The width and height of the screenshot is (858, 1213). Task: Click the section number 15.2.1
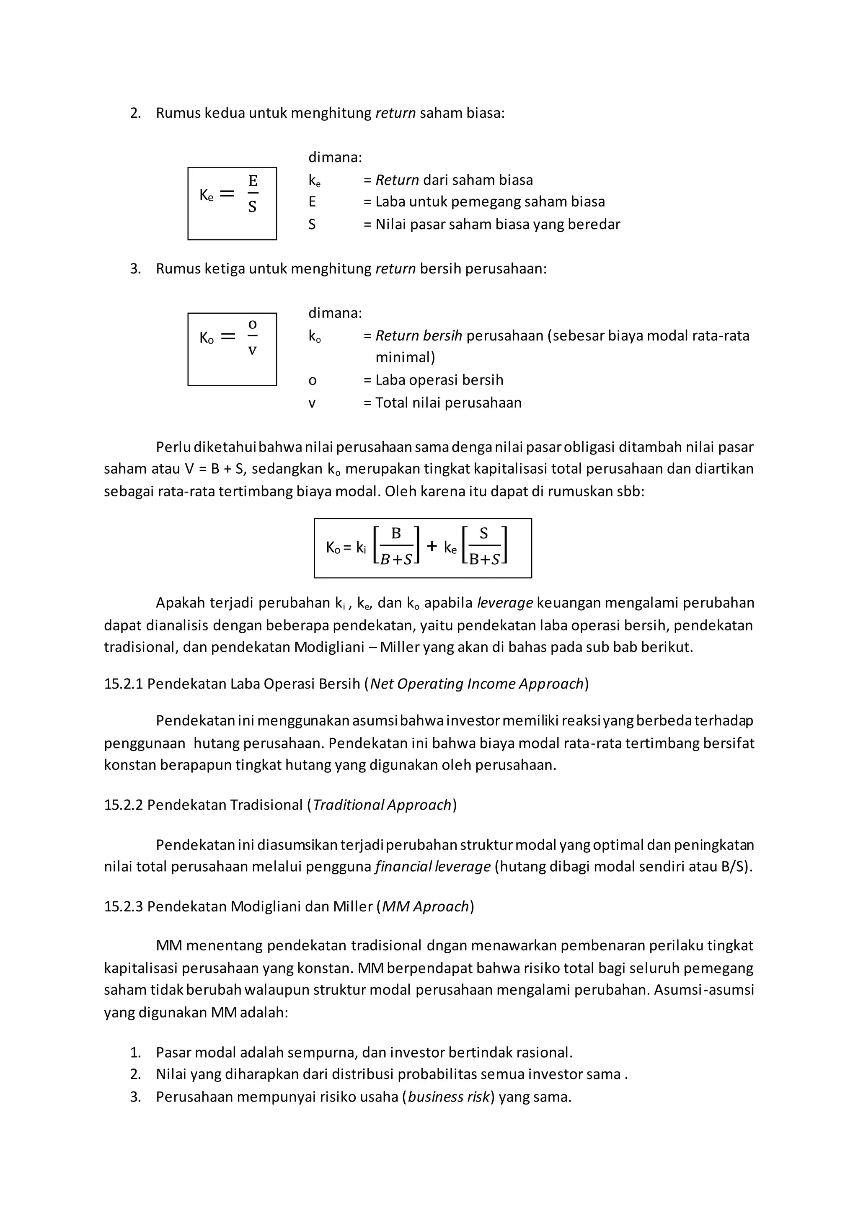coord(123,684)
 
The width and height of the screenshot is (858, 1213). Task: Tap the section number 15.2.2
coord(123,805)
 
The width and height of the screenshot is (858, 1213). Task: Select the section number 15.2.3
coord(123,906)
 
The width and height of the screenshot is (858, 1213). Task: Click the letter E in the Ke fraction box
coord(253,181)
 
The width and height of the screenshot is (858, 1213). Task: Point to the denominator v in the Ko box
coord(253,350)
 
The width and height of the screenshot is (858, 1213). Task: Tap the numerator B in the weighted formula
coord(396,534)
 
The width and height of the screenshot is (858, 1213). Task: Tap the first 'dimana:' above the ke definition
coord(335,157)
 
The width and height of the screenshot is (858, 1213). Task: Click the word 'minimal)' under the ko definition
coord(405,358)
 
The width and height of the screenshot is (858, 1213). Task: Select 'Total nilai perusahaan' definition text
coord(448,403)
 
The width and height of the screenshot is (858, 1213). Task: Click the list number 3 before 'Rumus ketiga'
coord(135,269)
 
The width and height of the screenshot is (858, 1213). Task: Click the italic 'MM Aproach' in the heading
coord(425,906)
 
